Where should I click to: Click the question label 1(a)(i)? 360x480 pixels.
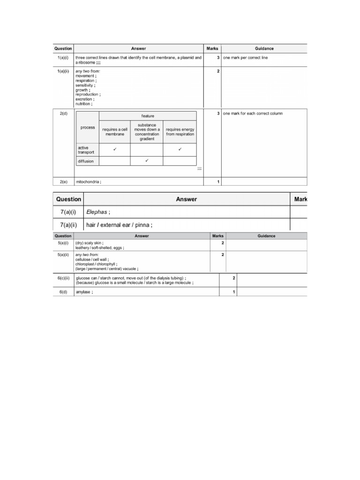pos(63,58)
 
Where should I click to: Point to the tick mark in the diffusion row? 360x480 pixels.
pos(147,161)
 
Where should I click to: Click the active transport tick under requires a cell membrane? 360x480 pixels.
pos(115,150)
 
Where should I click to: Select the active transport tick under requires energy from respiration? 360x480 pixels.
pos(180,150)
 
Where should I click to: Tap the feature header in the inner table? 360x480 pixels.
pos(148,116)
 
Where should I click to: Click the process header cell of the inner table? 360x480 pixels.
pos(88,127)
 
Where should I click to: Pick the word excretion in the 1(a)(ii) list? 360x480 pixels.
pos(84,99)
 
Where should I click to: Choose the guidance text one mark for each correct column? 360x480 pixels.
pos(253,113)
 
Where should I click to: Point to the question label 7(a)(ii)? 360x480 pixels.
pos(68,225)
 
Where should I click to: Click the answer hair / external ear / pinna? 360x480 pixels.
pos(119,225)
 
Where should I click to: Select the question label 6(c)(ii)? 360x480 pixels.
pos(63,278)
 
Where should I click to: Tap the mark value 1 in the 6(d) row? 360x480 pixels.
pos(233,292)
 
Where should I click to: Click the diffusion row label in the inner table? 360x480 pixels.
pos(86,161)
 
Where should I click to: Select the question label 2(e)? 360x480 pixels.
pos(63,181)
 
